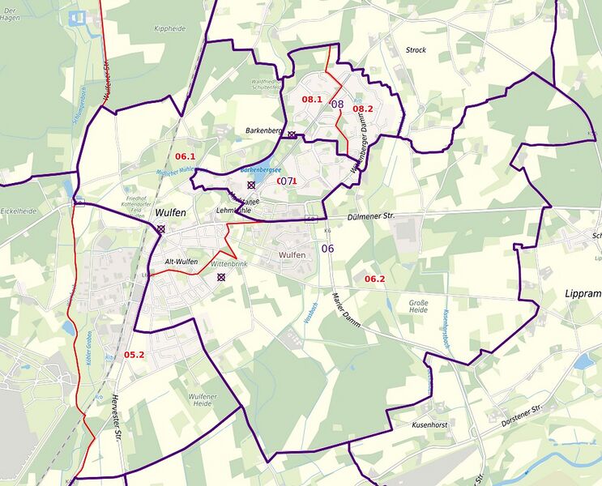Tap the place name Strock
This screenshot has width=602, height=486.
tap(416, 50)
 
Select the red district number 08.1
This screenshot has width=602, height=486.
tap(312, 99)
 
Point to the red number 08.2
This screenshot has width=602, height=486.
tap(362, 109)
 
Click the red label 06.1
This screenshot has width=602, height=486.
tap(186, 156)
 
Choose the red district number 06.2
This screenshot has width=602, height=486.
tap(374, 279)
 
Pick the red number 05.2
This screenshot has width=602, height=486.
tap(134, 355)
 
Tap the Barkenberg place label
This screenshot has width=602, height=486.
tap(264, 130)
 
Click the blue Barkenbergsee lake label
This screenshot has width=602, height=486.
tap(261, 171)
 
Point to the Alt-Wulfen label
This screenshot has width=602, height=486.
tap(181, 262)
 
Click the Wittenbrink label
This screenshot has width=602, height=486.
tap(228, 264)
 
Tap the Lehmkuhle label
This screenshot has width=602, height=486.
tap(236, 211)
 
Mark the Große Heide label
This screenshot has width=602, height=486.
tap(419, 305)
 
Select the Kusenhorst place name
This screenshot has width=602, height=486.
tap(429, 424)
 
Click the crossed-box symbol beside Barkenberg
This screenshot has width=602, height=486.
tap(292, 134)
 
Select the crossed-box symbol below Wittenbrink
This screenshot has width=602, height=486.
tap(220, 277)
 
